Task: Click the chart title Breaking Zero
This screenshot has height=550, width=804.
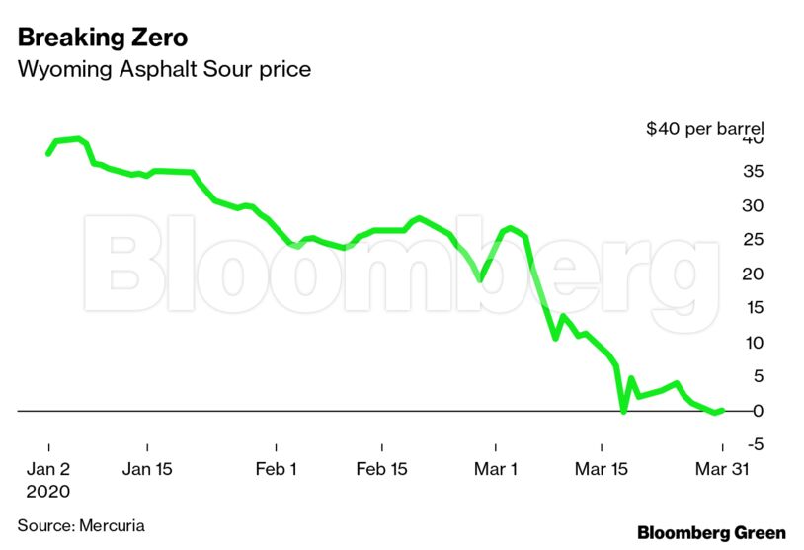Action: pyautogui.click(x=103, y=39)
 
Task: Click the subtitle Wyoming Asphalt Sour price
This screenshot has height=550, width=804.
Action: pyautogui.click(x=164, y=70)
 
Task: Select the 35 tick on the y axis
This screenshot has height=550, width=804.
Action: pyautogui.click(x=753, y=172)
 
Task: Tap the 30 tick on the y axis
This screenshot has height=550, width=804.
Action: pyautogui.click(x=753, y=206)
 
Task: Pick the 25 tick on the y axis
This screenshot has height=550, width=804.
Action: pyautogui.click(x=753, y=240)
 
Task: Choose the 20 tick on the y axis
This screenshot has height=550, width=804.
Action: pyautogui.click(x=753, y=275)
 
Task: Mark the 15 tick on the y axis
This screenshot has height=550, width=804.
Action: pyautogui.click(x=753, y=308)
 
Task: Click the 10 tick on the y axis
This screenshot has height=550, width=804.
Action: pyautogui.click(x=753, y=343)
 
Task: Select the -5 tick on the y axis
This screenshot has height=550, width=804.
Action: pyautogui.click(x=754, y=444)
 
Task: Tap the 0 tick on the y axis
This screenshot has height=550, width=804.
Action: pyautogui.click(x=757, y=411)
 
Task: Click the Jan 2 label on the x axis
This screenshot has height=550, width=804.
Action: pyautogui.click(x=48, y=469)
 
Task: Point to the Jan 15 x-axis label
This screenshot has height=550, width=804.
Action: pyautogui.click(x=146, y=469)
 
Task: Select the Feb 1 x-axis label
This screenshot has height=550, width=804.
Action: pyautogui.click(x=276, y=469)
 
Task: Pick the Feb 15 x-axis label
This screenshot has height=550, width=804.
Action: pyautogui.click(x=381, y=469)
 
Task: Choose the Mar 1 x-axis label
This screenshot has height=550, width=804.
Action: pyautogui.click(x=497, y=469)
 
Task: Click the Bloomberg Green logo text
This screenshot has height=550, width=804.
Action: pyautogui.click(x=711, y=533)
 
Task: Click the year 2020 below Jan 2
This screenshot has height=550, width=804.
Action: pyautogui.click(x=49, y=491)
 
